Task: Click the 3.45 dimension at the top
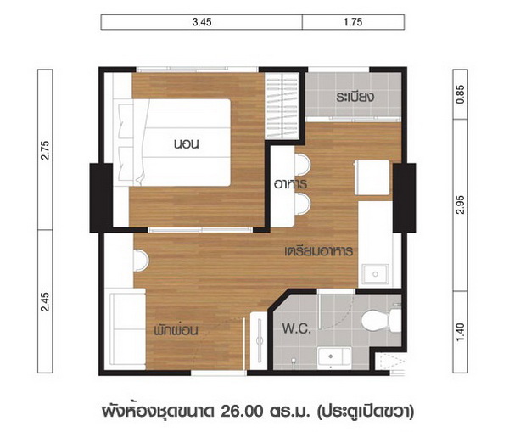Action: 202,22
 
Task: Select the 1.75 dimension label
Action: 353,22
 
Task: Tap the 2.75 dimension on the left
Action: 45,149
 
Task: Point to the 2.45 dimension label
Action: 45,302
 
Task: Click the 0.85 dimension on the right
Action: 461,94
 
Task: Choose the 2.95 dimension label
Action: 461,205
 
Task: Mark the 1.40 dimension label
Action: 461,332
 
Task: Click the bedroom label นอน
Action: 187,144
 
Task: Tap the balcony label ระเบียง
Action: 355,97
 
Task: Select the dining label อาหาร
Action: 290,184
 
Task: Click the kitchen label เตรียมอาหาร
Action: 319,251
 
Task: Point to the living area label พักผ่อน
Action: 176,330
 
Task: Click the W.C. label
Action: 297,328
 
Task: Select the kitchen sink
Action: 375,274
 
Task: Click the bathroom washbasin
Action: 334,357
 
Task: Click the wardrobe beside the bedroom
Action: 282,106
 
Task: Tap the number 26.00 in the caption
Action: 242,412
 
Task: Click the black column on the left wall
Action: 101,198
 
